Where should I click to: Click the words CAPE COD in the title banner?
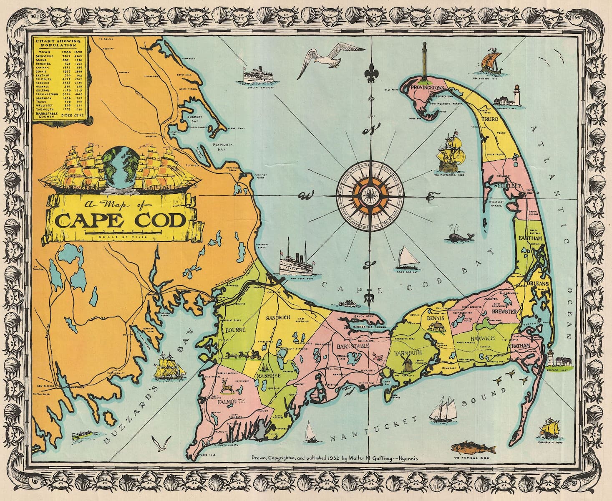(121, 220)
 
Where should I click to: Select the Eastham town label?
(530, 238)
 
